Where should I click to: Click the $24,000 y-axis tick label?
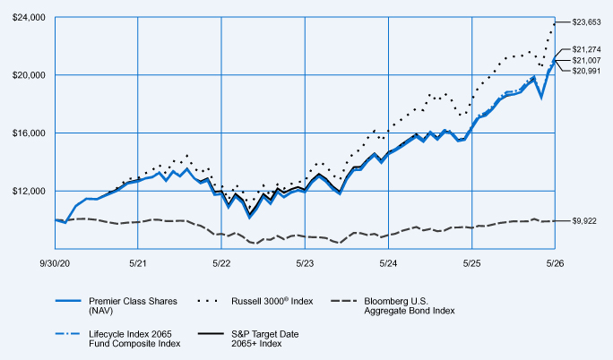tap(29, 18)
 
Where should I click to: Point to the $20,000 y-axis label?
tap(29, 75)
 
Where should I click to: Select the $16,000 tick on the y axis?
tap(29, 133)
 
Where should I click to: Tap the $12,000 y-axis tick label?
tap(29, 191)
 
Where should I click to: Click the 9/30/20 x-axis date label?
tap(55, 263)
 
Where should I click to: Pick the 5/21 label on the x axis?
tap(138, 263)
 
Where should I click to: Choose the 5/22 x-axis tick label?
tap(221, 263)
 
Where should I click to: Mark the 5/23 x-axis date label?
tap(305, 263)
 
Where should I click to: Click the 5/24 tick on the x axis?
tap(388, 263)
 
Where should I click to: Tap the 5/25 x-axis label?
tap(472, 263)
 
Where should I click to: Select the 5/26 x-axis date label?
tap(555, 263)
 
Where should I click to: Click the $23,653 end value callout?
tap(586, 22)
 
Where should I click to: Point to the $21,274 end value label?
tap(586, 49)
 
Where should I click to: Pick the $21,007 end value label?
tap(586, 61)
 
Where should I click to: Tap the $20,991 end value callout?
tap(586, 71)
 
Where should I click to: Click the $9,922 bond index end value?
tap(584, 221)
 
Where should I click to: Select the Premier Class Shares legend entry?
tap(117, 305)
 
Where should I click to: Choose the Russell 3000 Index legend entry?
tap(255, 301)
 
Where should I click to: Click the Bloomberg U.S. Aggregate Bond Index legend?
tap(393, 305)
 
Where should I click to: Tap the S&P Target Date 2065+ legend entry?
tap(248, 339)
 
